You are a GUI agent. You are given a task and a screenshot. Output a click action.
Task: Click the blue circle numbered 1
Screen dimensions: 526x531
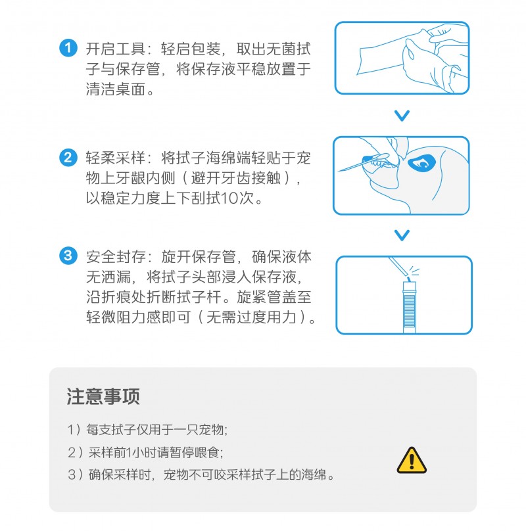[x=68, y=48]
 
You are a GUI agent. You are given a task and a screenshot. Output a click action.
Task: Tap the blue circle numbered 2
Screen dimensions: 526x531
[x=68, y=158]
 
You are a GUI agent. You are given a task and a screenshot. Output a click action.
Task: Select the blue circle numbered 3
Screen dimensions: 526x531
[x=68, y=256]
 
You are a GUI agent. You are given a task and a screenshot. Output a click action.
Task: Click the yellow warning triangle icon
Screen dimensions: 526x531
[x=412, y=461]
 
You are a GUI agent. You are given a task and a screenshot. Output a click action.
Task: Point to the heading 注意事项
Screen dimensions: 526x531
[x=103, y=396]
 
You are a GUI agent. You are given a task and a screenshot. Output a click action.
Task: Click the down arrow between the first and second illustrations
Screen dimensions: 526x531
[x=402, y=116]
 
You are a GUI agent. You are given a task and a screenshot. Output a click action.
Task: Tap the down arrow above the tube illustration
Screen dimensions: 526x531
[x=402, y=235]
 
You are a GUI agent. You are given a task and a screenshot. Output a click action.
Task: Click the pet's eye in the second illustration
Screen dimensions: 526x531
[x=421, y=163]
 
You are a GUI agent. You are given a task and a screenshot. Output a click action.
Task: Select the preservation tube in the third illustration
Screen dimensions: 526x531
[x=410, y=307]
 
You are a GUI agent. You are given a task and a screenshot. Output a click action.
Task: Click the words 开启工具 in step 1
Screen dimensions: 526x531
[x=115, y=49]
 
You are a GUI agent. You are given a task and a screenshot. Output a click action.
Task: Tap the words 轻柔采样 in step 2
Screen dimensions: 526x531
[x=115, y=158]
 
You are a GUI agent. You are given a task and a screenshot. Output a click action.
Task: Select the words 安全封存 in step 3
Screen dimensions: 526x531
[x=115, y=256]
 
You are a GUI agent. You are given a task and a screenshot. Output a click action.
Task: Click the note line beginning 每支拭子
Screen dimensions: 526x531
[x=147, y=429]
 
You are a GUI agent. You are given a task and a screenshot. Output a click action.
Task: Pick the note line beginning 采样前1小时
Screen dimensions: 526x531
[x=145, y=452]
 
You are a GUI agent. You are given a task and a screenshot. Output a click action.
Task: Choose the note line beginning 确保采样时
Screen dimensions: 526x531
[x=201, y=474]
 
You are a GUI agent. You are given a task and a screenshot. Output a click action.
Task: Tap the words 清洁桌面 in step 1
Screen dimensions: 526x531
[x=115, y=89]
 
